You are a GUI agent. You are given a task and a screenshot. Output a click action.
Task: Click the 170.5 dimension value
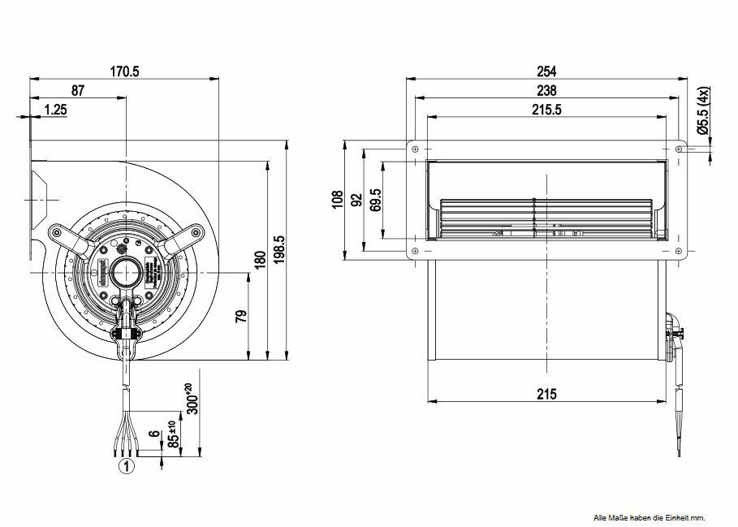pyautogui.click(x=125, y=71)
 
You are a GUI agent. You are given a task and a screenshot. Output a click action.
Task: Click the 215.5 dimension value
pyautogui.click(x=546, y=110)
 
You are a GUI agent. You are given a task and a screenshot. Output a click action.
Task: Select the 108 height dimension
pyautogui.click(x=338, y=201)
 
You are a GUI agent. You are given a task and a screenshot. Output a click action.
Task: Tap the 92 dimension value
pyautogui.click(x=357, y=201)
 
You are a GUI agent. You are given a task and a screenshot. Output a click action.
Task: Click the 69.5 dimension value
pyautogui.click(x=375, y=200)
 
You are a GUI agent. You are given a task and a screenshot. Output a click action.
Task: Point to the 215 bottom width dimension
pyautogui.click(x=546, y=394)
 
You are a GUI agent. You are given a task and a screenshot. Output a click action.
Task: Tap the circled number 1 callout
pyautogui.click(x=127, y=465)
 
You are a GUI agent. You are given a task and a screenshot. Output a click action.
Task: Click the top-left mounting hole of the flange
pyautogui.click(x=416, y=149)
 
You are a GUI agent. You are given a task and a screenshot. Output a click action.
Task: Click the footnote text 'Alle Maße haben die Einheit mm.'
pyautogui.click(x=650, y=517)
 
